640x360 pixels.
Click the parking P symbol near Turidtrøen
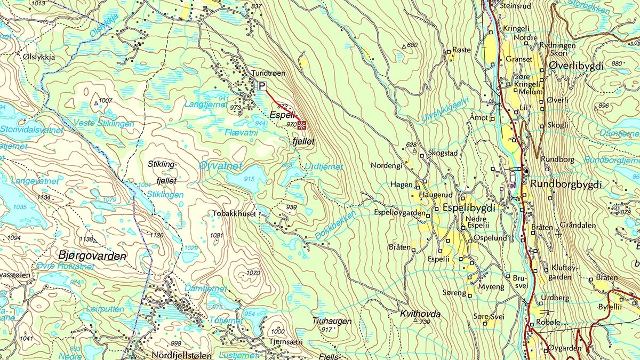click(x=262, y=86)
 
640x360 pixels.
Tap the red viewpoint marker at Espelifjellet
click(x=301, y=125)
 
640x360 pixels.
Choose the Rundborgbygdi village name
click(x=566, y=185)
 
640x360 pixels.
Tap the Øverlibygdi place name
click(x=576, y=66)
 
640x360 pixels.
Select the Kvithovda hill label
click(x=420, y=314)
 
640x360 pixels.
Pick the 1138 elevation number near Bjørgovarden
click(x=86, y=239)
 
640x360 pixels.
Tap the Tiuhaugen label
click(x=332, y=321)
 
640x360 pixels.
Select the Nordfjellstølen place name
click(x=174, y=355)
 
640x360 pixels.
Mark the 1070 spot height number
click(x=253, y=273)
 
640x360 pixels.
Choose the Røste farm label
click(x=461, y=50)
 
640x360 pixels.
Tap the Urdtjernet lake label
click(x=324, y=167)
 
